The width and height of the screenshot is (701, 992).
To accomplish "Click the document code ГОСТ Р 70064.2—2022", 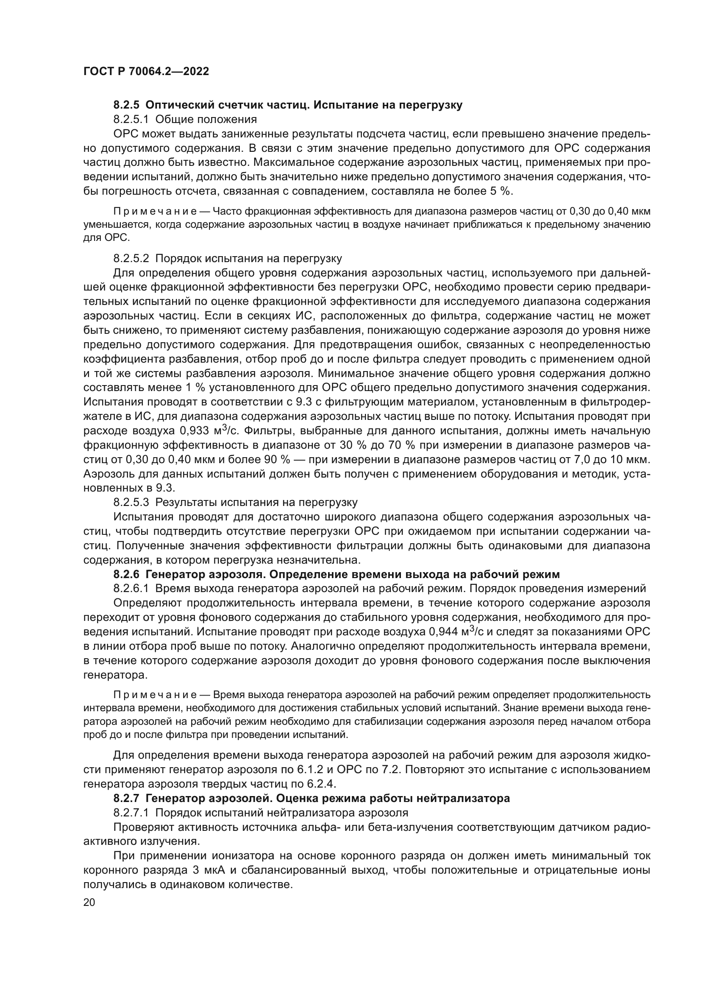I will tap(146, 72).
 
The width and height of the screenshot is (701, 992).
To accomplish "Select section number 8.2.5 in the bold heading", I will tap(126, 105).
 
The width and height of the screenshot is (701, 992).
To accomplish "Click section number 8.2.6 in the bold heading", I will tap(126, 575).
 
